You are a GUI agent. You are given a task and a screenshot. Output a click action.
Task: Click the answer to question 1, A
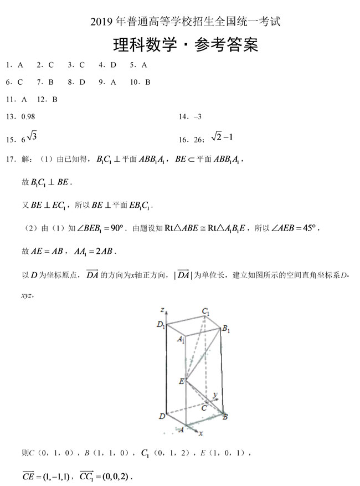click(20, 65)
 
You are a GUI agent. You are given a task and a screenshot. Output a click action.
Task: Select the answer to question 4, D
click(114, 65)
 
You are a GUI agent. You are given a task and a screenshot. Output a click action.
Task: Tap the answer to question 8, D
click(82, 83)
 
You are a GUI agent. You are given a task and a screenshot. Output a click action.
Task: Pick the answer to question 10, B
click(148, 83)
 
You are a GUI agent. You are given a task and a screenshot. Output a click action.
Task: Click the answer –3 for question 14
click(197, 117)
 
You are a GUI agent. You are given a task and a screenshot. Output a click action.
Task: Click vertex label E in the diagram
click(181, 381)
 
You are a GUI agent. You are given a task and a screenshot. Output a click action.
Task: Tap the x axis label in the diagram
click(200, 433)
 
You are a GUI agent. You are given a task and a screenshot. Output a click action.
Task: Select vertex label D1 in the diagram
click(161, 325)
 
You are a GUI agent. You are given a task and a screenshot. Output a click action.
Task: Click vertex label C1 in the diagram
click(207, 312)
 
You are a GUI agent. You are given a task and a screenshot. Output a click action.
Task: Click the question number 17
click(11, 160)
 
